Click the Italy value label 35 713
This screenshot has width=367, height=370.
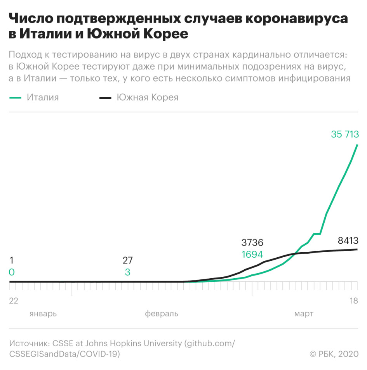coord(344,134)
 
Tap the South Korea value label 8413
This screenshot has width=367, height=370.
coord(348,241)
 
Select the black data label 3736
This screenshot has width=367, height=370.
coord(252,243)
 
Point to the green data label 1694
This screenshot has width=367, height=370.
coord(252,255)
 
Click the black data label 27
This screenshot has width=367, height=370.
coord(127,260)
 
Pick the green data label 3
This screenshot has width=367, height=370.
coord(127,272)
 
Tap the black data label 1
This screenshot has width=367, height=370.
coord(11,260)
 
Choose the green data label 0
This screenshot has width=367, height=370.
coord(12,272)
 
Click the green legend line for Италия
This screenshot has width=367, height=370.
coord(15,98)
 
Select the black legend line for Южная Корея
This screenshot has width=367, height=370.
coord(105,98)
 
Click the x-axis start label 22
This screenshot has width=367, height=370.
coord(14,301)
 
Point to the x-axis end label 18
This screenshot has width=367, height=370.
coord(353,301)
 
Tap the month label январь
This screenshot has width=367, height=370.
coord(43,314)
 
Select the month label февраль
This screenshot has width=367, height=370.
coord(162,314)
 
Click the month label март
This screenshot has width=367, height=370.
coord(303,314)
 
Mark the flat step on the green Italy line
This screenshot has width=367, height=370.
coord(317,234)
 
